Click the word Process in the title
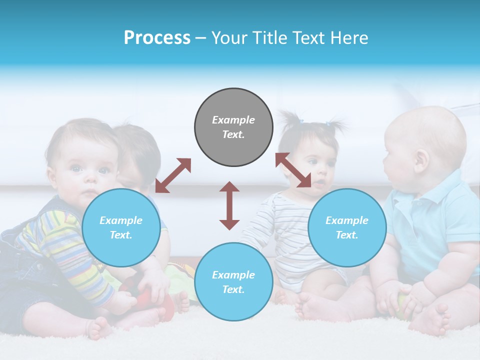(157, 38)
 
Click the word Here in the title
(348, 38)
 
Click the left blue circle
(121, 227)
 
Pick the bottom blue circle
(233, 281)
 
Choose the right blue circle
(346, 227)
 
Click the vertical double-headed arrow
(229, 205)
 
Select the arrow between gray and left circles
(173, 175)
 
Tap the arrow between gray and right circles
(293, 170)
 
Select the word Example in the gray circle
(233, 120)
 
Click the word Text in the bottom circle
(232, 289)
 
